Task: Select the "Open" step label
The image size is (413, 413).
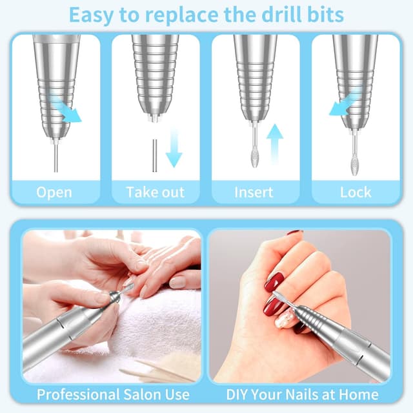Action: [x=54, y=192]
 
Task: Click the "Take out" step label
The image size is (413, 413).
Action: [x=155, y=192]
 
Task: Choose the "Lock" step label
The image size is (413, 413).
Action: [x=356, y=192]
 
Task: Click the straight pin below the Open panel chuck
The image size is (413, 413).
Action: [x=55, y=155]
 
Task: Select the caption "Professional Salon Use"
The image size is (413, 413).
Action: [x=114, y=394]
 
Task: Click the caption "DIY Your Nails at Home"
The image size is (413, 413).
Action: [x=302, y=394]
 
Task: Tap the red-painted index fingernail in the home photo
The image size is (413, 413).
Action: [x=275, y=282]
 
